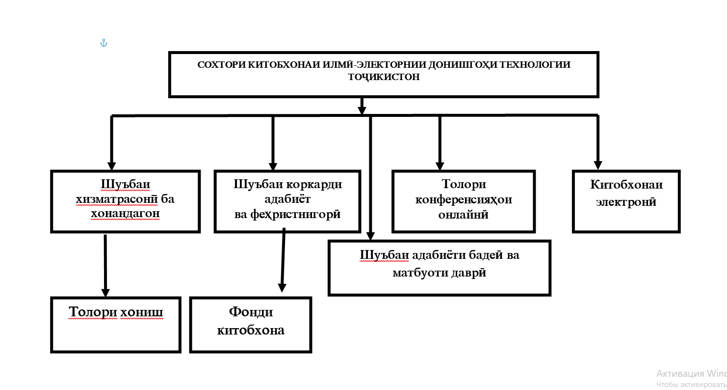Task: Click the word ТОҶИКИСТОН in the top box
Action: click(384, 77)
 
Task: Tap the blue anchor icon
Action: click(104, 43)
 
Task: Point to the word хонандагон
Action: click(125, 214)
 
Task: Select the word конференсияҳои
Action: click(464, 199)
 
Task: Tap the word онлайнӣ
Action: click(464, 214)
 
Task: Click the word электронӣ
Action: click(626, 201)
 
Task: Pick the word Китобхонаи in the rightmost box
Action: click(626, 185)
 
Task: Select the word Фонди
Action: click(251, 312)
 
